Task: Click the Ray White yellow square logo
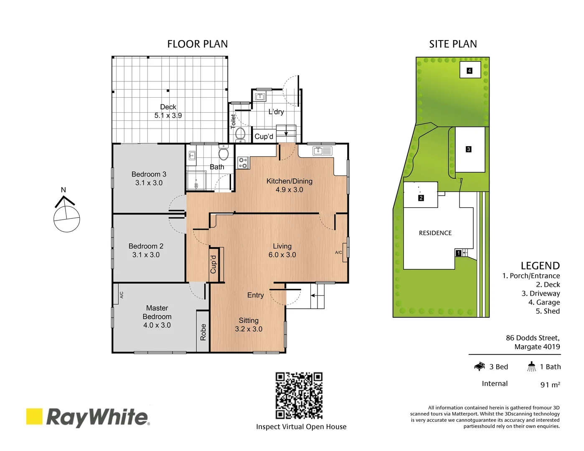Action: click(34, 416)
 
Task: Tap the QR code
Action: click(299, 395)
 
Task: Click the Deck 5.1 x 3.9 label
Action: click(168, 111)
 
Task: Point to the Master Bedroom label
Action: click(157, 317)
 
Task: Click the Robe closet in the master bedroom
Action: click(203, 332)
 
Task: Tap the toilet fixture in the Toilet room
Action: click(240, 134)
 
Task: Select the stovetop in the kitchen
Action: click(243, 162)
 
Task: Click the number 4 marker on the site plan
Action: click(469, 71)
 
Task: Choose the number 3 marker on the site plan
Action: click(468, 149)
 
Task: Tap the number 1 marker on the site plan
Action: click(458, 253)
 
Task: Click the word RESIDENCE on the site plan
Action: click(435, 233)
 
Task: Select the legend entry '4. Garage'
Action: click(544, 302)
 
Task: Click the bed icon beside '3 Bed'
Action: click(479, 367)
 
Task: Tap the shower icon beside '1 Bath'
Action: click(531, 367)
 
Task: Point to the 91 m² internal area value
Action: click(550, 385)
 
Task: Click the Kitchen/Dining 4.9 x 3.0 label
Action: click(289, 185)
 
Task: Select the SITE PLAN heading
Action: click(453, 44)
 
